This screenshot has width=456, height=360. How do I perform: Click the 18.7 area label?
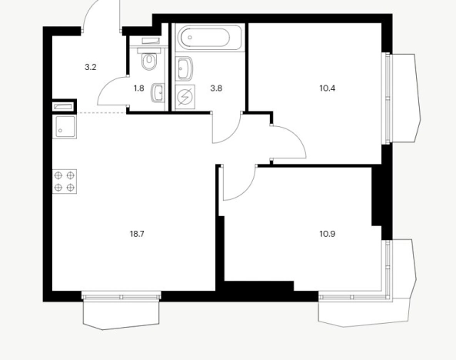click(137, 234)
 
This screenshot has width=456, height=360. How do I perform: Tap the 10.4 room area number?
click(328, 88)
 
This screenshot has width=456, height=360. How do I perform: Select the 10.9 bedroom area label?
click(328, 234)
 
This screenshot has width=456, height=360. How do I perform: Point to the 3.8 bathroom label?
click(216, 88)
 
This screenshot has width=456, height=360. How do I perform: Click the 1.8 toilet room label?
click(139, 88)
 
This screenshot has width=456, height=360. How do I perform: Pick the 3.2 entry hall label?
click(91, 68)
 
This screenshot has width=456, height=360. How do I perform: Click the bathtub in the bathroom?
click(209, 38)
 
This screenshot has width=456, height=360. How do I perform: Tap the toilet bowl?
click(149, 59)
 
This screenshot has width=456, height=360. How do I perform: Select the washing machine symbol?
click(185, 97)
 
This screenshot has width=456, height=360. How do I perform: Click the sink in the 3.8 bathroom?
click(185, 69)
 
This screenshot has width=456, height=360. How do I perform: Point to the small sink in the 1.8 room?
click(158, 93)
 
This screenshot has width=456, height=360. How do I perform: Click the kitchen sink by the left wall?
click(65, 127)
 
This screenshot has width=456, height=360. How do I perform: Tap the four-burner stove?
click(65, 182)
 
